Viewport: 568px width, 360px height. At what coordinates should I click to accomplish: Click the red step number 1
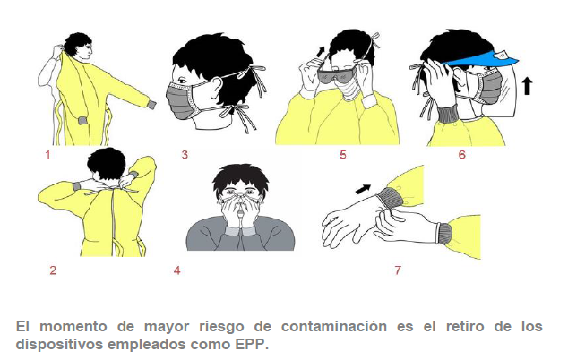(47, 155)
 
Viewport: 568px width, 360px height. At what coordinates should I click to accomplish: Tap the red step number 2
(53, 270)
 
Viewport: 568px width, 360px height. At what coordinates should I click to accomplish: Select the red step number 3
(185, 155)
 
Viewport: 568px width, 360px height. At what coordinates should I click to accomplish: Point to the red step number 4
(176, 270)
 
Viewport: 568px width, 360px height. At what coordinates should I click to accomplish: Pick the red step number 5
(343, 155)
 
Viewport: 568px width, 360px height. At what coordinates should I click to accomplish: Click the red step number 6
(462, 155)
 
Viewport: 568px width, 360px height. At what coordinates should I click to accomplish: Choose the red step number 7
(398, 270)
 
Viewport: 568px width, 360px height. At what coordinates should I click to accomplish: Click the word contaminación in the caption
(334, 327)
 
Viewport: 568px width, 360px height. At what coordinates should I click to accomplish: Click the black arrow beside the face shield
(528, 87)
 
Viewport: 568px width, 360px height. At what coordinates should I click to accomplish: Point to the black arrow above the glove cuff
(363, 189)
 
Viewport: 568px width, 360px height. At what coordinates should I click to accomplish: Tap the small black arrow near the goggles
(321, 52)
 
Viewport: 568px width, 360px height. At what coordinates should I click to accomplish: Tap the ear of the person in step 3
(216, 88)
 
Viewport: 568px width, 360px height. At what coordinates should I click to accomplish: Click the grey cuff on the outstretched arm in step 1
(151, 105)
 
